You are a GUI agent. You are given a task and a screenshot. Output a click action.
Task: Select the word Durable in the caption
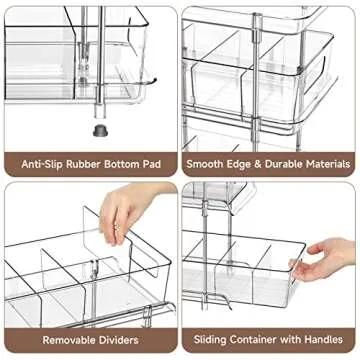click(286, 162)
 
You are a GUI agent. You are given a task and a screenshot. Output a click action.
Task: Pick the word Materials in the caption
click(331, 162)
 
